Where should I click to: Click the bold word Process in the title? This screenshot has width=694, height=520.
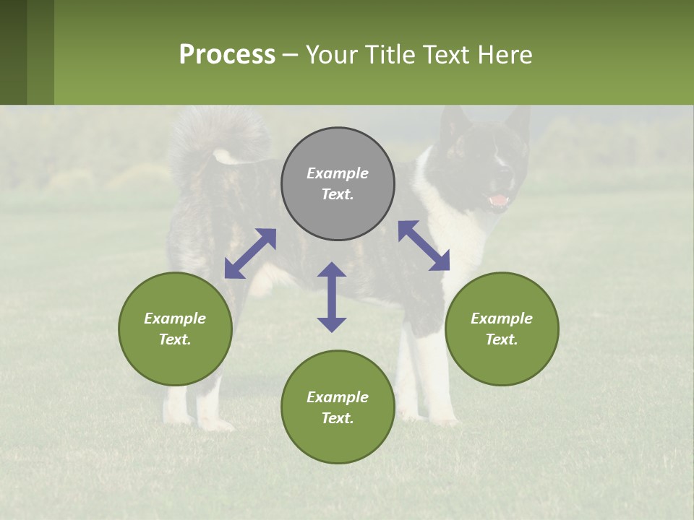pos(227,55)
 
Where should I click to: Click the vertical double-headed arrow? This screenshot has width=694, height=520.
pos(332,297)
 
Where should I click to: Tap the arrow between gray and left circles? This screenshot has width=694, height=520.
pos(250,253)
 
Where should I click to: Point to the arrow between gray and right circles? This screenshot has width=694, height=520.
pos(424,246)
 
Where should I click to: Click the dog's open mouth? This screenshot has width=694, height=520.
pos(499,200)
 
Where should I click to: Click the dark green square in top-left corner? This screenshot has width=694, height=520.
pos(13,52)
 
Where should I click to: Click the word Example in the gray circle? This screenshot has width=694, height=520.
pos(338,173)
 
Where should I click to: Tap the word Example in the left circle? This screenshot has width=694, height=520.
pos(175,318)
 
